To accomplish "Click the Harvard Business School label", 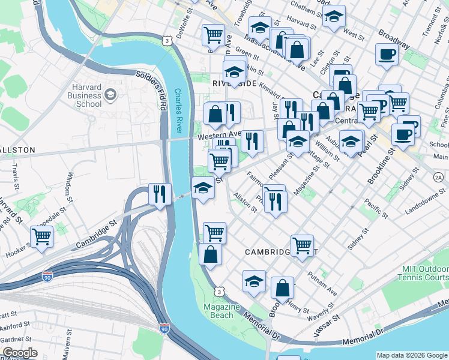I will [80, 95].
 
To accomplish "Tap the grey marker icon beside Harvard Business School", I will [110, 95].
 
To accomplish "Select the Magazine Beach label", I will [221, 311].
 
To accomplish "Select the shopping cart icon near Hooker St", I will [41, 236].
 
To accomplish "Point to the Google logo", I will [20, 353].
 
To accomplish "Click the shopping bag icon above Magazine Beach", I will [210, 254].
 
